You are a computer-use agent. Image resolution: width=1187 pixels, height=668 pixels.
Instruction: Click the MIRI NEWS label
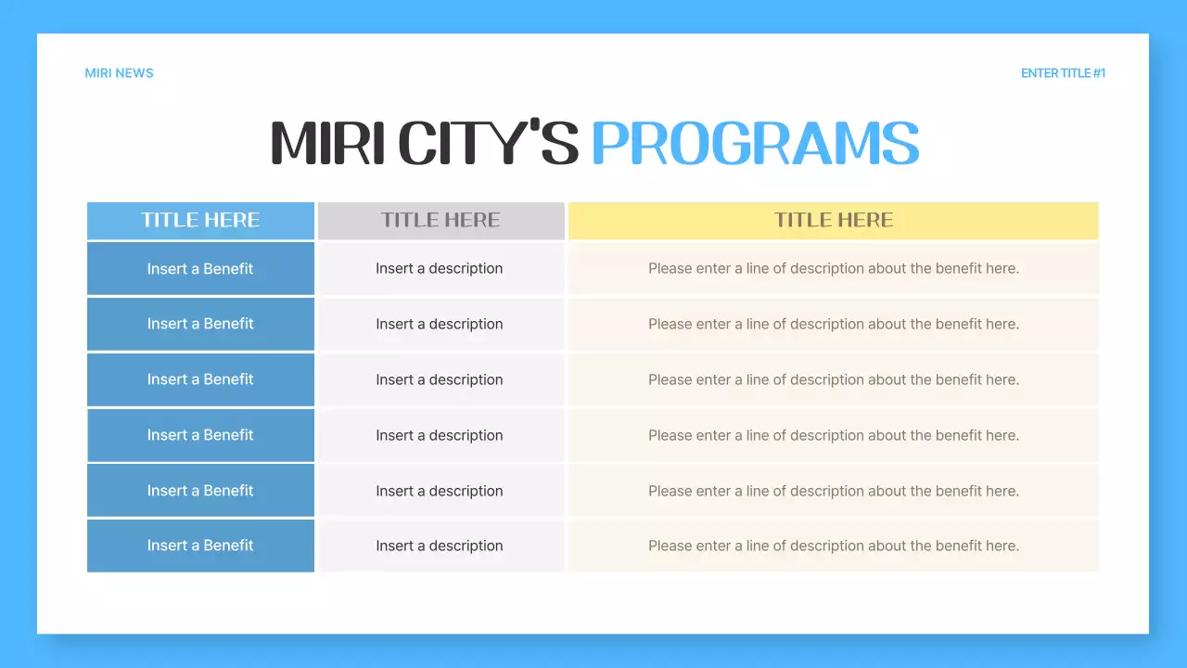tap(119, 73)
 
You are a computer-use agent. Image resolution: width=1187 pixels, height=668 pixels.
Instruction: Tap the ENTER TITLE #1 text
tap(1063, 73)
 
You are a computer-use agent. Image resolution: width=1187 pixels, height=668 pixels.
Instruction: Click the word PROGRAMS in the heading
tap(755, 144)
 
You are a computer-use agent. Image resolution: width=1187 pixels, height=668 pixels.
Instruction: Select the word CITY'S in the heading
tap(489, 144)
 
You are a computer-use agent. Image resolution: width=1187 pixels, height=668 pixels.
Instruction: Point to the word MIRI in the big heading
tap(327, 144)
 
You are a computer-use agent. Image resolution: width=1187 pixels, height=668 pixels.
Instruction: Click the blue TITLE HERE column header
tap(200, 221)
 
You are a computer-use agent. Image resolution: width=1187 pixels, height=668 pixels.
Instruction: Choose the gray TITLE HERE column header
tap(440, 221)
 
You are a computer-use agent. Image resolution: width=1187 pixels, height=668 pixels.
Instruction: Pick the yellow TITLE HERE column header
tap(833, 221)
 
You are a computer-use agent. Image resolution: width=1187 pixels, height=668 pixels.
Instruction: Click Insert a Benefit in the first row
tap(200, 269)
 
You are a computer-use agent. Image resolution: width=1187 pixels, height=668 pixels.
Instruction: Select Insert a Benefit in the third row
tap(200, 379)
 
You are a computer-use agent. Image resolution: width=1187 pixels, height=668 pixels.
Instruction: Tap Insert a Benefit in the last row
tap(200, 546)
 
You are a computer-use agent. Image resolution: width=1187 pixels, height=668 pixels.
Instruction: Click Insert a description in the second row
tap(440, 324)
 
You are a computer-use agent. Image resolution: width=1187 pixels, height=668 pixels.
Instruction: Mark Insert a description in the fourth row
tap(440, 435)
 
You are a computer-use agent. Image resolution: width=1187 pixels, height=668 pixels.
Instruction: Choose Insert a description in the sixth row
tap(440, 546)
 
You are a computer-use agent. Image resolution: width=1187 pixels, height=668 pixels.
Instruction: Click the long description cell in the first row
tap(833, 269)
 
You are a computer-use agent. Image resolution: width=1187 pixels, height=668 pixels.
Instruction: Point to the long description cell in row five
tap(833, 491)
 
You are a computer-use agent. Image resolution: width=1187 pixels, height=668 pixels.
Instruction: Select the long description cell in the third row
tap(833, 379)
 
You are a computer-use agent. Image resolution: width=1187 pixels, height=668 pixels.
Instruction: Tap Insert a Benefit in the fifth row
tap(200, 491)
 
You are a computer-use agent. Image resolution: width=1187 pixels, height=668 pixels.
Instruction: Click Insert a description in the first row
tap(440, 269)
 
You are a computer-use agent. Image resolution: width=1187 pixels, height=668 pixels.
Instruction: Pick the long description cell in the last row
tap(833, 546)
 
